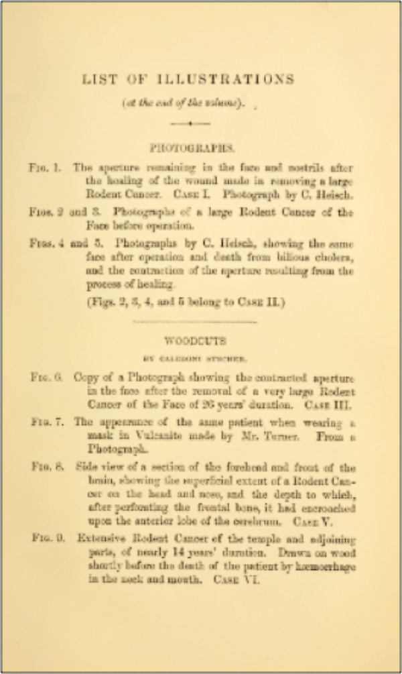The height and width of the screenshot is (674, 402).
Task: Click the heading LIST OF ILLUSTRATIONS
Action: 188,79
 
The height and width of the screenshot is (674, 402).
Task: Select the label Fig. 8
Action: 46,467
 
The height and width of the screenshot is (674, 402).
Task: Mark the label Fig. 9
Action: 46,538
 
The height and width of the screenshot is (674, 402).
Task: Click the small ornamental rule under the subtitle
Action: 191,123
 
